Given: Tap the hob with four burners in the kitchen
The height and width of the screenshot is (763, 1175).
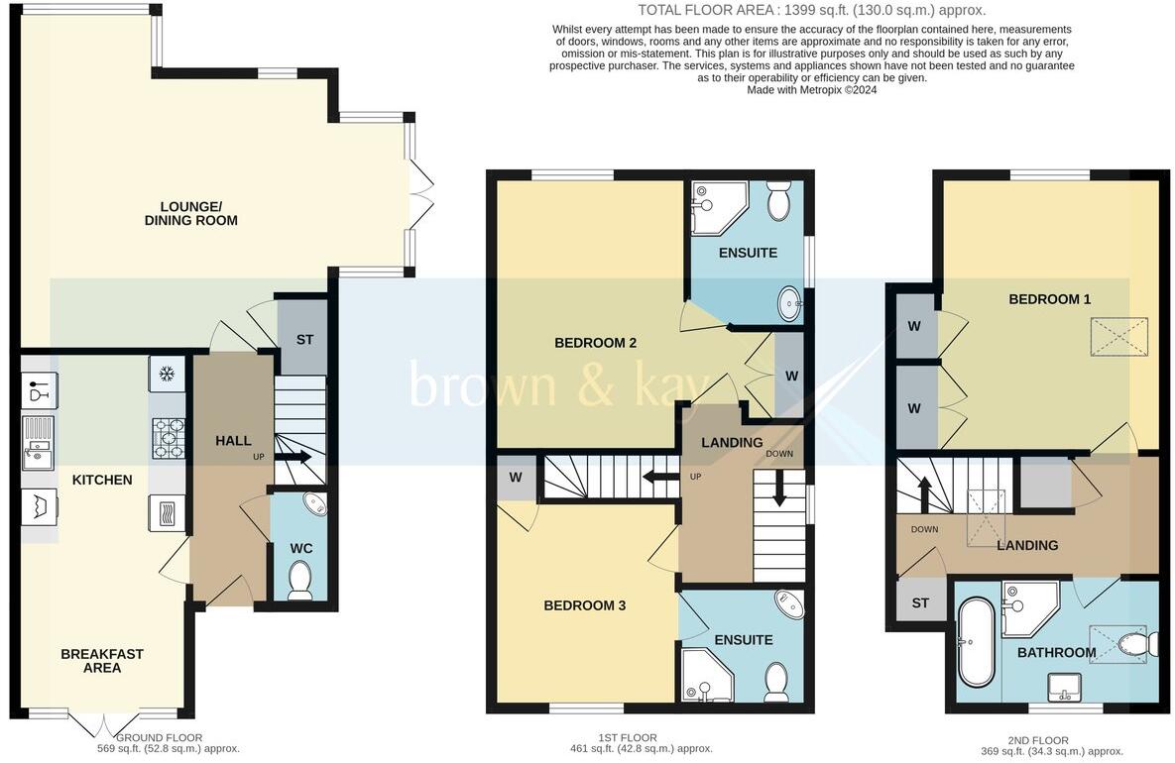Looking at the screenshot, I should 167,438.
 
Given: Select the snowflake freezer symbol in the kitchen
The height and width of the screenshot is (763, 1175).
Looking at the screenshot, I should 167,374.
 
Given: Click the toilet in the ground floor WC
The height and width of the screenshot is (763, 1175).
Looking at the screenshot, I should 298,581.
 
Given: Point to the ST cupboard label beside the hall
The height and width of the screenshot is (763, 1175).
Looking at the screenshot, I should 304,340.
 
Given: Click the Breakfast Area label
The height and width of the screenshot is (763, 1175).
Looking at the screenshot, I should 102,661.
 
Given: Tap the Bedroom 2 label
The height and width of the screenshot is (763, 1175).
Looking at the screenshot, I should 595,343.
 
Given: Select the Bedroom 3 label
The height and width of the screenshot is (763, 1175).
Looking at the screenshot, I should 584,604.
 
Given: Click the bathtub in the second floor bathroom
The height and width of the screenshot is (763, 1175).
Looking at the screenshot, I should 976,642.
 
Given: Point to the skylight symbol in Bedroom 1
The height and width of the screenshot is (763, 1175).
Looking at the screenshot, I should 1116,337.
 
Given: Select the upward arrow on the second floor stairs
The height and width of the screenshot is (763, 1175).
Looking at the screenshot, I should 923,491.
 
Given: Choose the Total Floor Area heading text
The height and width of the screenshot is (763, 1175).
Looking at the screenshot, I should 811,10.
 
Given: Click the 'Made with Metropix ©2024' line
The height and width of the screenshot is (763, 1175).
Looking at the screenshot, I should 811,89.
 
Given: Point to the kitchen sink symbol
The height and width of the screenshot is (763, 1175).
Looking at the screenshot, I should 40,454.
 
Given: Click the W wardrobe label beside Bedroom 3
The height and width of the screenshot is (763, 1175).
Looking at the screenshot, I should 516,478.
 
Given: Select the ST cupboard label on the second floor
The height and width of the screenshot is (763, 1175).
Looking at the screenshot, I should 920,603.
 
